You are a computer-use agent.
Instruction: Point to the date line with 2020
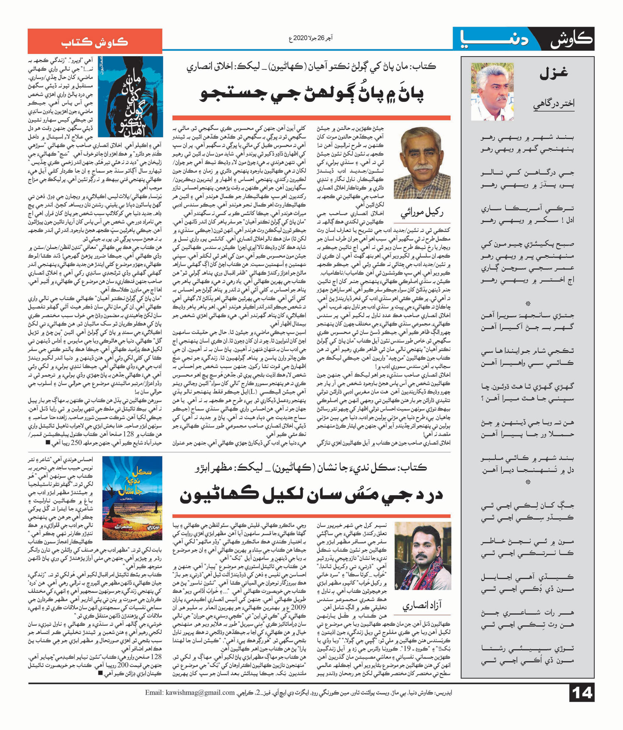point(311,39)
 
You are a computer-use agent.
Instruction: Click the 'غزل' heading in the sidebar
point(553,74)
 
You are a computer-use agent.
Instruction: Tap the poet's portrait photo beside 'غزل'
point(492,91)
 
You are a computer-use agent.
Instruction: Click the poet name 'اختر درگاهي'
point(554,104)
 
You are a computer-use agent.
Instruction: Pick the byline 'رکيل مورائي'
point(422,213)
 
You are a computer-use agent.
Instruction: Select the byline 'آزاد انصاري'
point(422,605)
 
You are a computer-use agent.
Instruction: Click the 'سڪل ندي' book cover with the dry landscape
point(132,498)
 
